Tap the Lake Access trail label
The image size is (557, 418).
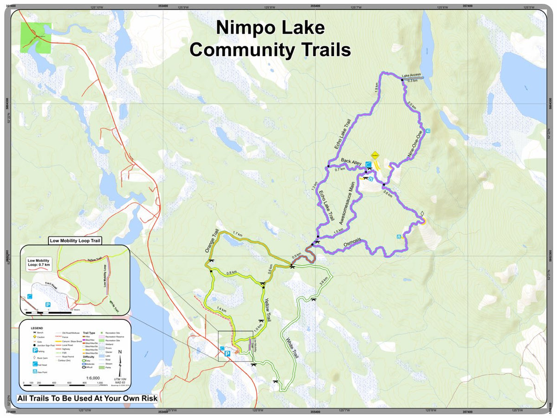click(411, 75)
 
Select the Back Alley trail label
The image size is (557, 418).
click(351, 162)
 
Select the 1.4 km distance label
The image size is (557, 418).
click(221, 309)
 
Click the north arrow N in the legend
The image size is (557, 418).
click(120, 352)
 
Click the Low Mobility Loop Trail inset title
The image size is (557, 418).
click(75, 241)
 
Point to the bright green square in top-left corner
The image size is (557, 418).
click(35, 37)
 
